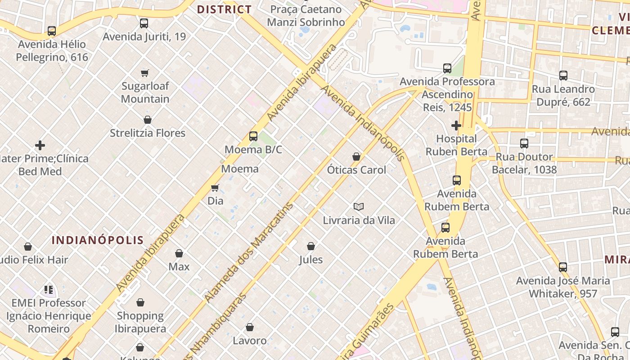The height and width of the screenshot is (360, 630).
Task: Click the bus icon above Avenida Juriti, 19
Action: [144, 23]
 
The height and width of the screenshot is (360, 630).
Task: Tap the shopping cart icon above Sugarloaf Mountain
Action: [145, 73]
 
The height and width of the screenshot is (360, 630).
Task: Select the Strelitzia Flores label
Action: [148, 133]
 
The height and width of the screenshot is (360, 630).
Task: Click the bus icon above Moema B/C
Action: [253, 136]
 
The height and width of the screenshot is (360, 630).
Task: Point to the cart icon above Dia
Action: [215, 188]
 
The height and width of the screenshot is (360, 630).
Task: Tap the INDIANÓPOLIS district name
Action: [98, 240]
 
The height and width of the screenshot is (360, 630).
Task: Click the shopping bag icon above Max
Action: [179, 253]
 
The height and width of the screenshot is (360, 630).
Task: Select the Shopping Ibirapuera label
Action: [140, 322]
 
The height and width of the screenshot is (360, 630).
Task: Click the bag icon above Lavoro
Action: [250, 327]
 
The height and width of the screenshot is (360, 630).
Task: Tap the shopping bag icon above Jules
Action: [310, 246]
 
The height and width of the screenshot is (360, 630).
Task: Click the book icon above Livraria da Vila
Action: [359, 207]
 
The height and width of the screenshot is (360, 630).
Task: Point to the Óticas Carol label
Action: [356, 170]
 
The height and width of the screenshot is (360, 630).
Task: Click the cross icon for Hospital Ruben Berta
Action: [456, 125]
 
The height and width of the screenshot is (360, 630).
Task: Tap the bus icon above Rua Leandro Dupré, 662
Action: [563, 76]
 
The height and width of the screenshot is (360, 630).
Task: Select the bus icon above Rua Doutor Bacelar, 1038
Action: [524, 144]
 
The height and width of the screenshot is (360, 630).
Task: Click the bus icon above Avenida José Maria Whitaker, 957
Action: [563, 267]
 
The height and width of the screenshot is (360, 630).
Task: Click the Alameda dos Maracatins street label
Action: [248, 252]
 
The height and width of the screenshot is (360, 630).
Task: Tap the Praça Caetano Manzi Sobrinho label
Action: [306, 16]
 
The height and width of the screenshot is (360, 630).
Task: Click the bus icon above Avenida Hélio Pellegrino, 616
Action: [52, 31]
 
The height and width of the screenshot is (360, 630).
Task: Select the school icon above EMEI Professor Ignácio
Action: [49, 289]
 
